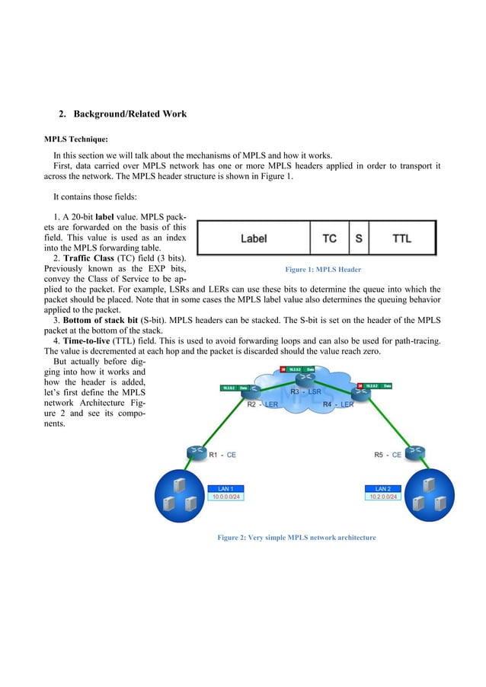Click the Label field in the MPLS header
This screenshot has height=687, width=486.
click(254, 238)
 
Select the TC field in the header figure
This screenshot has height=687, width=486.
click(329, 238)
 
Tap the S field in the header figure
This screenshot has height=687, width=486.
click(359, 238)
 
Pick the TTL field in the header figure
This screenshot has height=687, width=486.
click(401, 238)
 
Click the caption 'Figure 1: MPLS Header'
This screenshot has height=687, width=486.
click(322, 270)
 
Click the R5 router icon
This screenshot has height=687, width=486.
click(415, 452)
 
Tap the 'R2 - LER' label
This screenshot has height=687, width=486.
click(262, 404)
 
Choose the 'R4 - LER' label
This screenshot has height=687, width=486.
click(337, 404)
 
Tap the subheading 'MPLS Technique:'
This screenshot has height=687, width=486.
click(75, 140)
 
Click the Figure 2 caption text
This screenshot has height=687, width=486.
click(296, 538)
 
